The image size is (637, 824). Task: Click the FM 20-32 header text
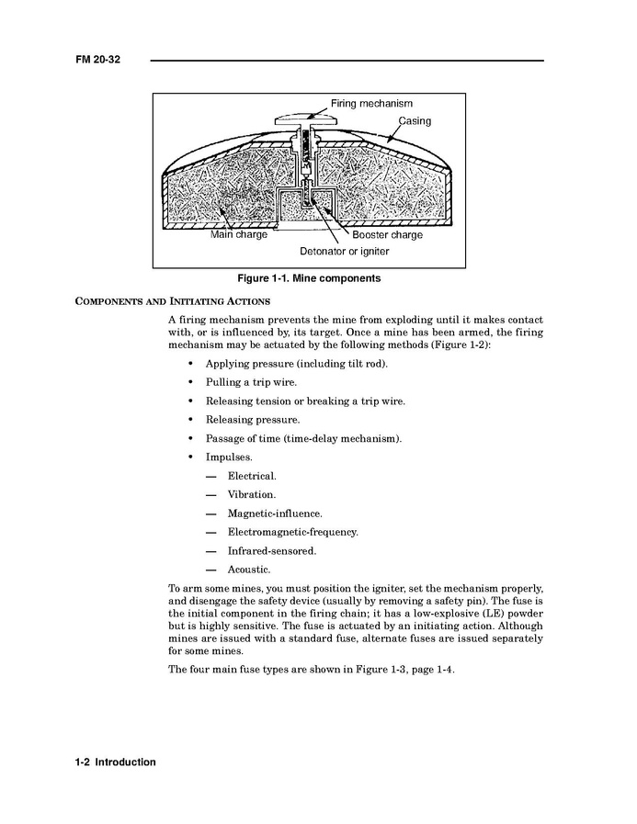[x=98, y=60]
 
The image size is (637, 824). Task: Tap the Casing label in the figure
[x=414, y=121]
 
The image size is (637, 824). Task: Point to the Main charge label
[x=238, y=235]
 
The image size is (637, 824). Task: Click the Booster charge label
[x=387, y=235]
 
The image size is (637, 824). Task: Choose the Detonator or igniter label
[x=344, y=251]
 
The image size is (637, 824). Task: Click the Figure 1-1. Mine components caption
[x=309, y=277]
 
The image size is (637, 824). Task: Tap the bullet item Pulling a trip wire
[x=251, y=382]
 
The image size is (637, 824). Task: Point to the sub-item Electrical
[x=252, y=476]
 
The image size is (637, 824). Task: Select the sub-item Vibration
[x=251, y=494]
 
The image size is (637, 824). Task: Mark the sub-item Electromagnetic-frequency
[x=292, y=532]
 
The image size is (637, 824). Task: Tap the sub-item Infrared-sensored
[x=271, y=551]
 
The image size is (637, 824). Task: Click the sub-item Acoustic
[x=249, y=570]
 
